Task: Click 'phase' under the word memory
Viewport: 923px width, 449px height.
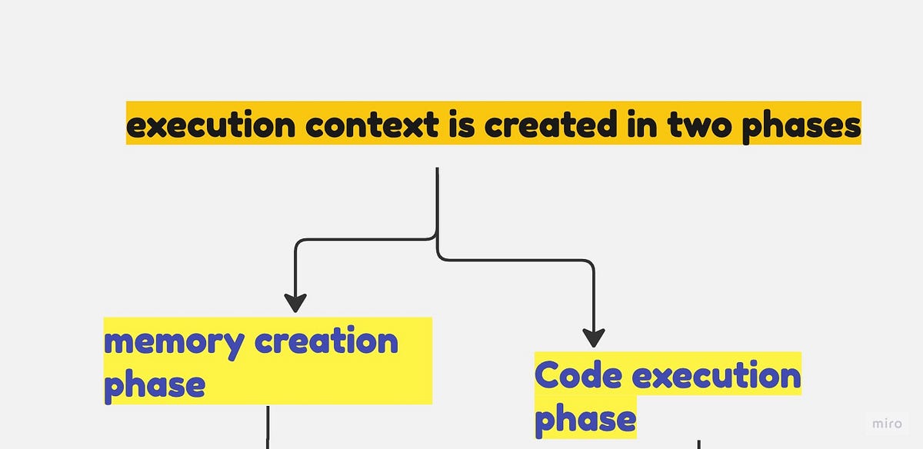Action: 154,384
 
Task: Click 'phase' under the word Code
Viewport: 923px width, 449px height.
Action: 585,419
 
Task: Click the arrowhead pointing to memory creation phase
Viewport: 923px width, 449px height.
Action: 295,302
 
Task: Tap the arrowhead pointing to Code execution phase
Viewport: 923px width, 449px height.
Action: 593,338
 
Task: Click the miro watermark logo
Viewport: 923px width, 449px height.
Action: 887,424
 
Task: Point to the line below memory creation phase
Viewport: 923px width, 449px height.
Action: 268,426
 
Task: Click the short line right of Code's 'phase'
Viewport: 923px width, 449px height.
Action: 698,444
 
